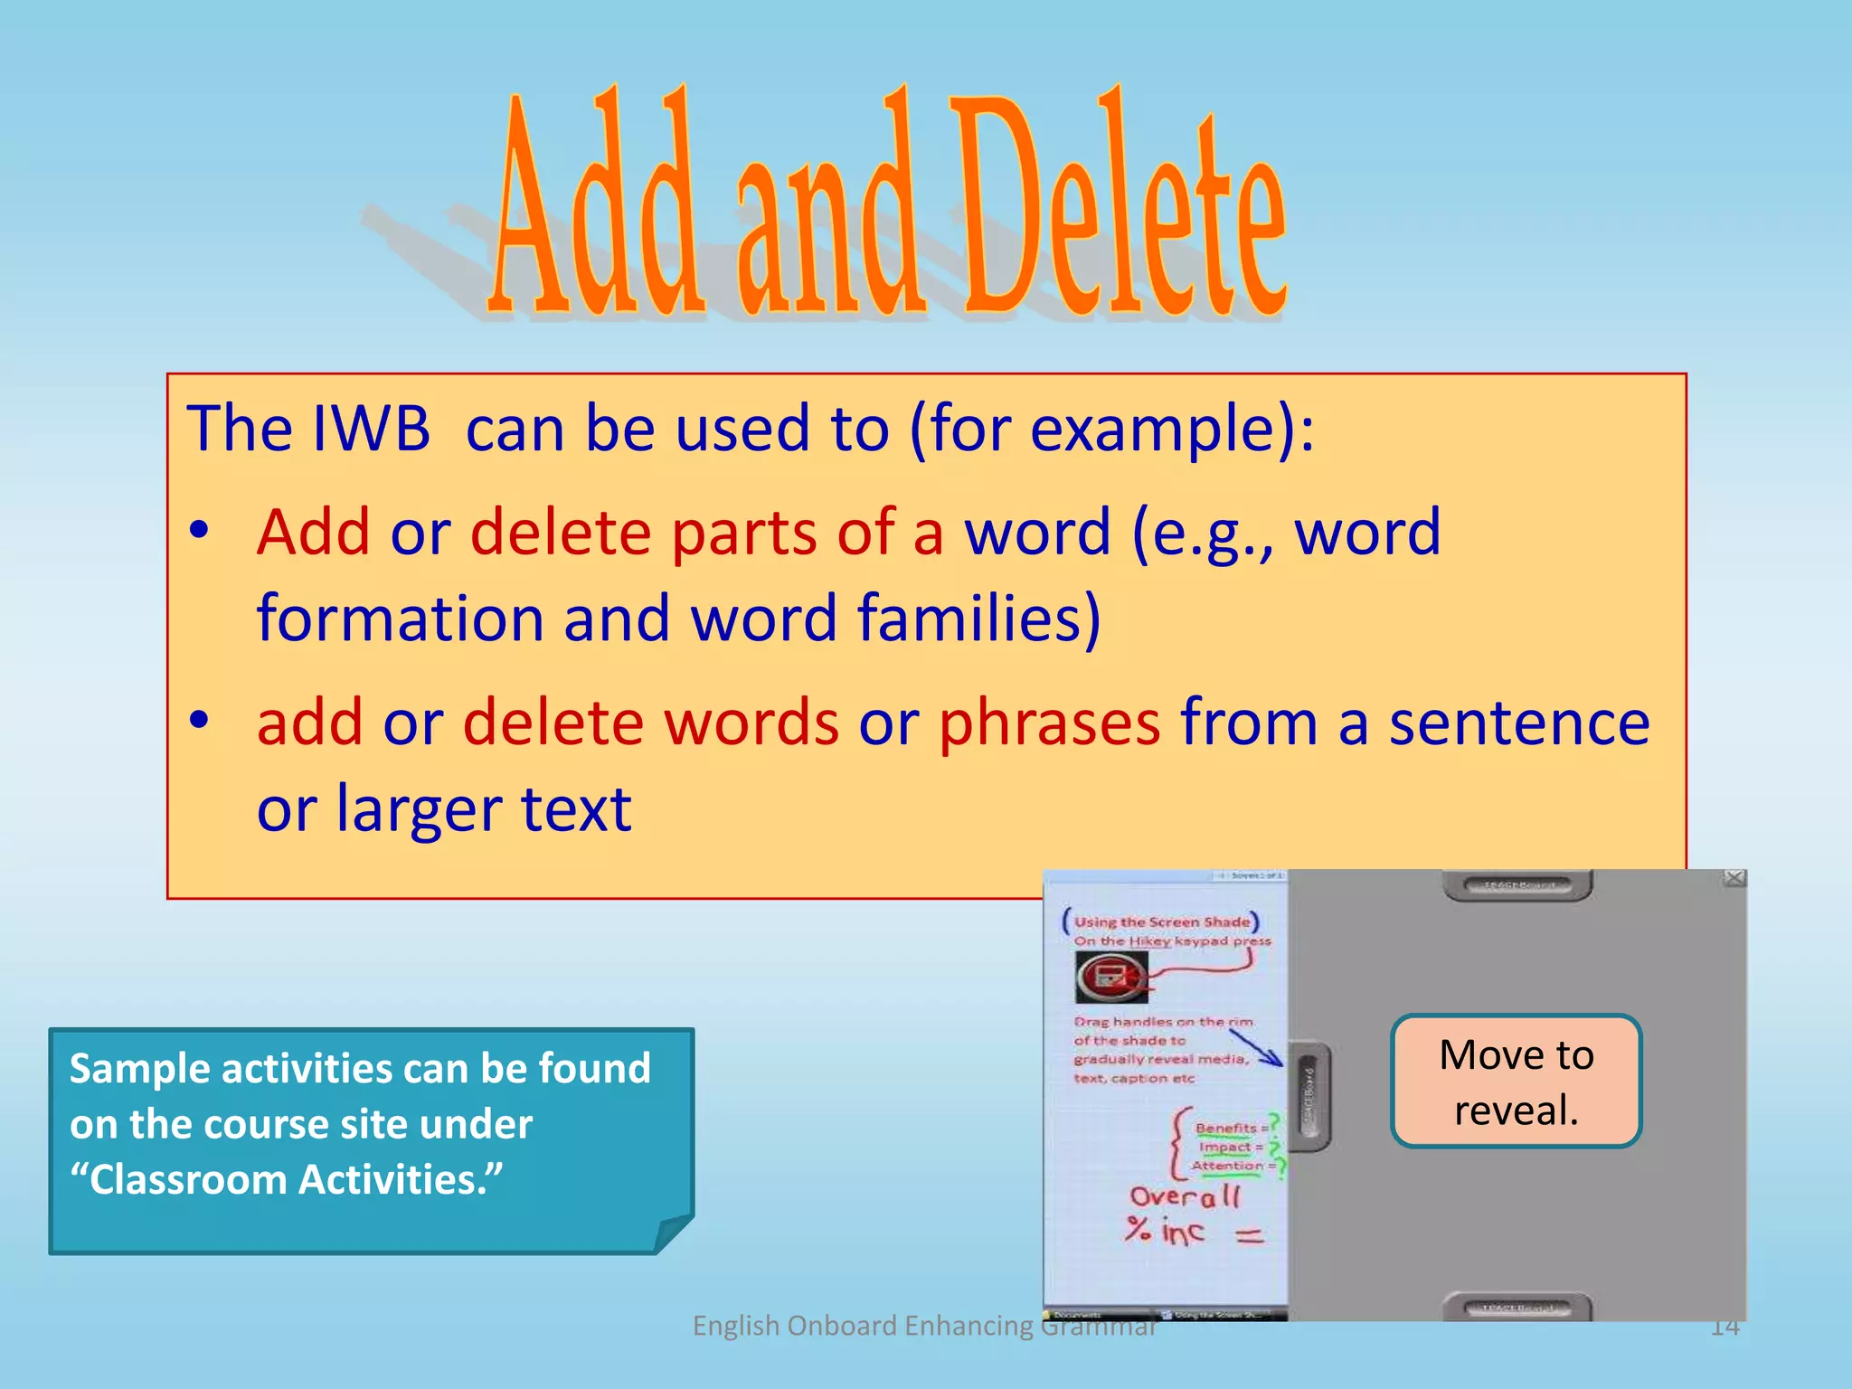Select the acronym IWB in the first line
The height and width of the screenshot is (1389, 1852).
point(371,429)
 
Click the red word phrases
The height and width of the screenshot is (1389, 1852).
point(1049,723)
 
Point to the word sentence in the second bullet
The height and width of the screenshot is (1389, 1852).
point(1519,723)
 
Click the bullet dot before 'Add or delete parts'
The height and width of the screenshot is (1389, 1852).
point(200,531)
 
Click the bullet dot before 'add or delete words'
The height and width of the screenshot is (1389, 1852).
point(200,721)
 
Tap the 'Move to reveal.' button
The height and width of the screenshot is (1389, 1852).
point(1516,1082)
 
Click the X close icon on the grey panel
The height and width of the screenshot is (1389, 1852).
point(1734,878)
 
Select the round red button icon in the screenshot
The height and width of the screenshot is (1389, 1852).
point(1110,977)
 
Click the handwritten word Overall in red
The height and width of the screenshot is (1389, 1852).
point(1185,1197)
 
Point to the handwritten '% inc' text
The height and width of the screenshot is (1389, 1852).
point(1165,1231)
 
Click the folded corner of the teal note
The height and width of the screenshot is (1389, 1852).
point(674,1233)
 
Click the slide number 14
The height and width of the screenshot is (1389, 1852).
point(1724,1327)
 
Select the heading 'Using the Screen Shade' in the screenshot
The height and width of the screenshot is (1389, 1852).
point(1161,921)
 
